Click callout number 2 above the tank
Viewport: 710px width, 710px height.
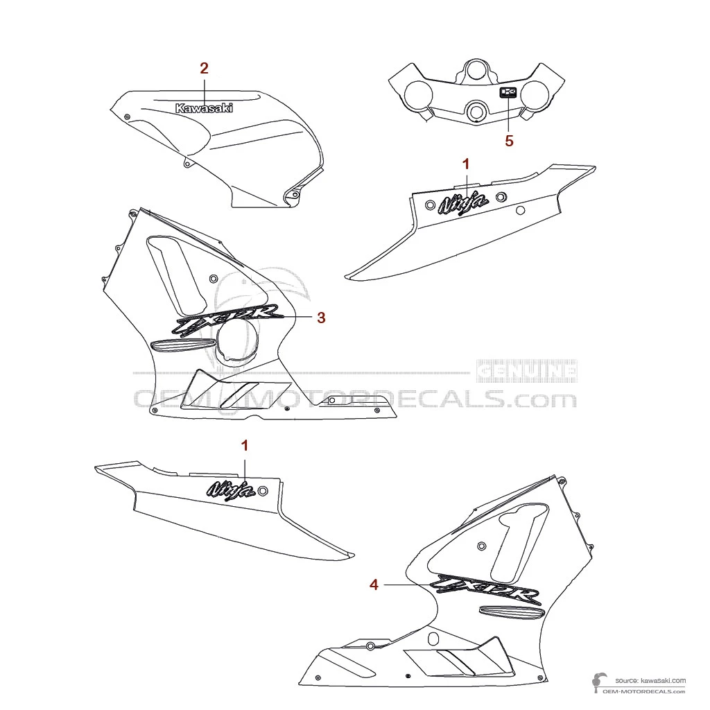[204, 68]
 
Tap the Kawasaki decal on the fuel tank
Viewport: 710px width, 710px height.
[204, 108]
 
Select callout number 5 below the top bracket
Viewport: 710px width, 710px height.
[509, 141]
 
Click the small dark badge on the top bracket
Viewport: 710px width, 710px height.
[509, 93]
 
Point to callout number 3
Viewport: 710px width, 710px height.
[321, 318]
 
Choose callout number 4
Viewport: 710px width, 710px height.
[374, 585]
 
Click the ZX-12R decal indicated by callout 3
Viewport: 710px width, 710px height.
[227, 318]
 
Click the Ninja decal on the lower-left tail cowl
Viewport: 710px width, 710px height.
[229, 490]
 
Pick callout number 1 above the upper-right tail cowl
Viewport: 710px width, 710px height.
[466, 164]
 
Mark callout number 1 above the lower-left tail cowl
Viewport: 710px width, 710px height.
[244, 444]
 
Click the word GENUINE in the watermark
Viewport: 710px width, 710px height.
[528, 372]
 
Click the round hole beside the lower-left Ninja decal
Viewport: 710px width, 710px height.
[263, 491]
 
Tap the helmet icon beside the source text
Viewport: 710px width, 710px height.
[596, 683]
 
